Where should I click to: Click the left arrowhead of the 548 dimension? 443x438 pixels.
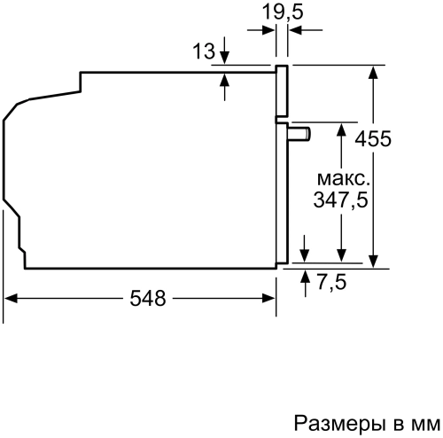point(11,299)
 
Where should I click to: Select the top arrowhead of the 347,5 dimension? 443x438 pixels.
point(340,129)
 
